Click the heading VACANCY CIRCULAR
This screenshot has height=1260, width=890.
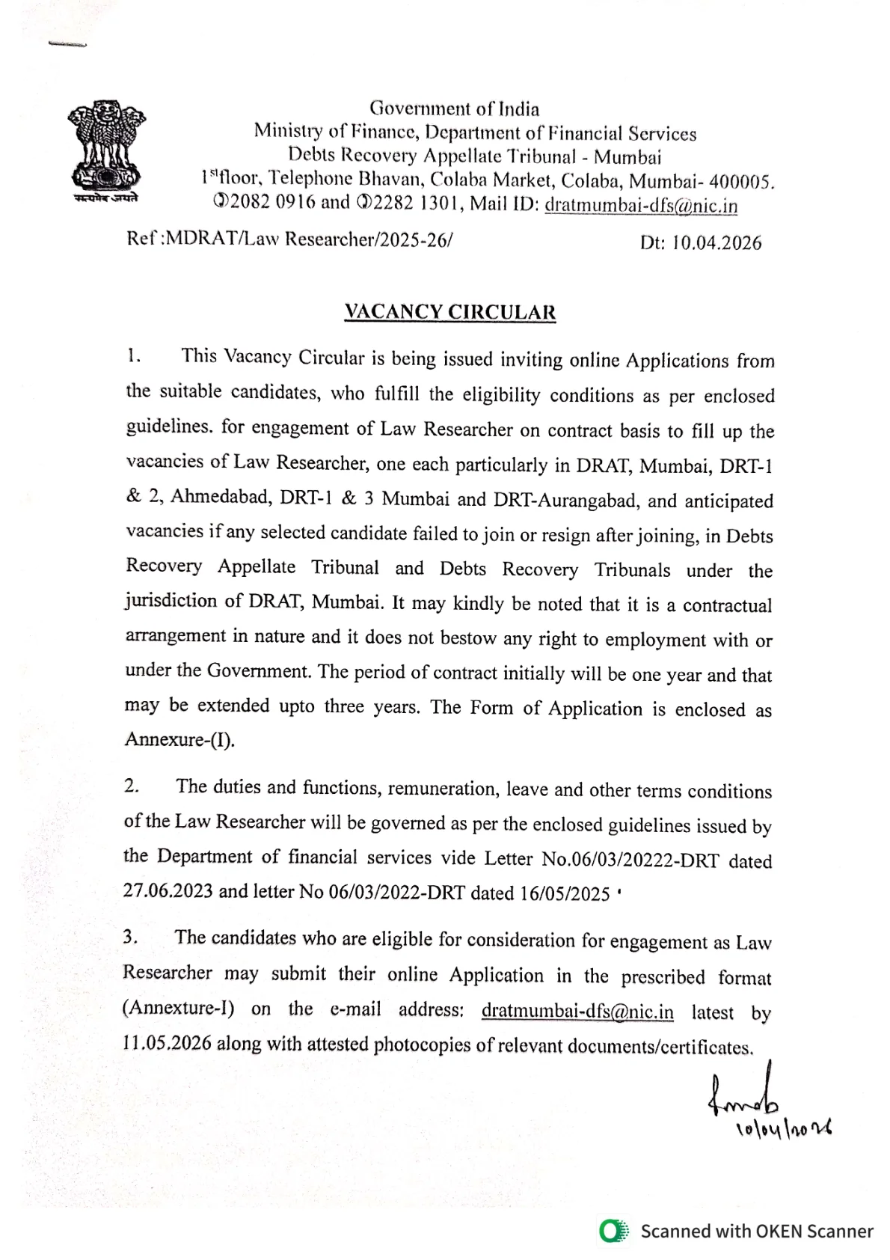pos(449,312)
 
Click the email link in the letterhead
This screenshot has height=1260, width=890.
pos(641,205)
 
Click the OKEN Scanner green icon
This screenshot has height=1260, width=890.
pos(614,1231)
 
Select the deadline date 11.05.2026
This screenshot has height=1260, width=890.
pos(167,1044)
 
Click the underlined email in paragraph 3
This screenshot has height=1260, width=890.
pos(577,1012)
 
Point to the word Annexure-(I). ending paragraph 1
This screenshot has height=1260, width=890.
pos(179,740)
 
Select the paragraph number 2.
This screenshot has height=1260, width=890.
pos(132,786)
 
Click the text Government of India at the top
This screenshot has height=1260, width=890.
pos(454,109)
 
